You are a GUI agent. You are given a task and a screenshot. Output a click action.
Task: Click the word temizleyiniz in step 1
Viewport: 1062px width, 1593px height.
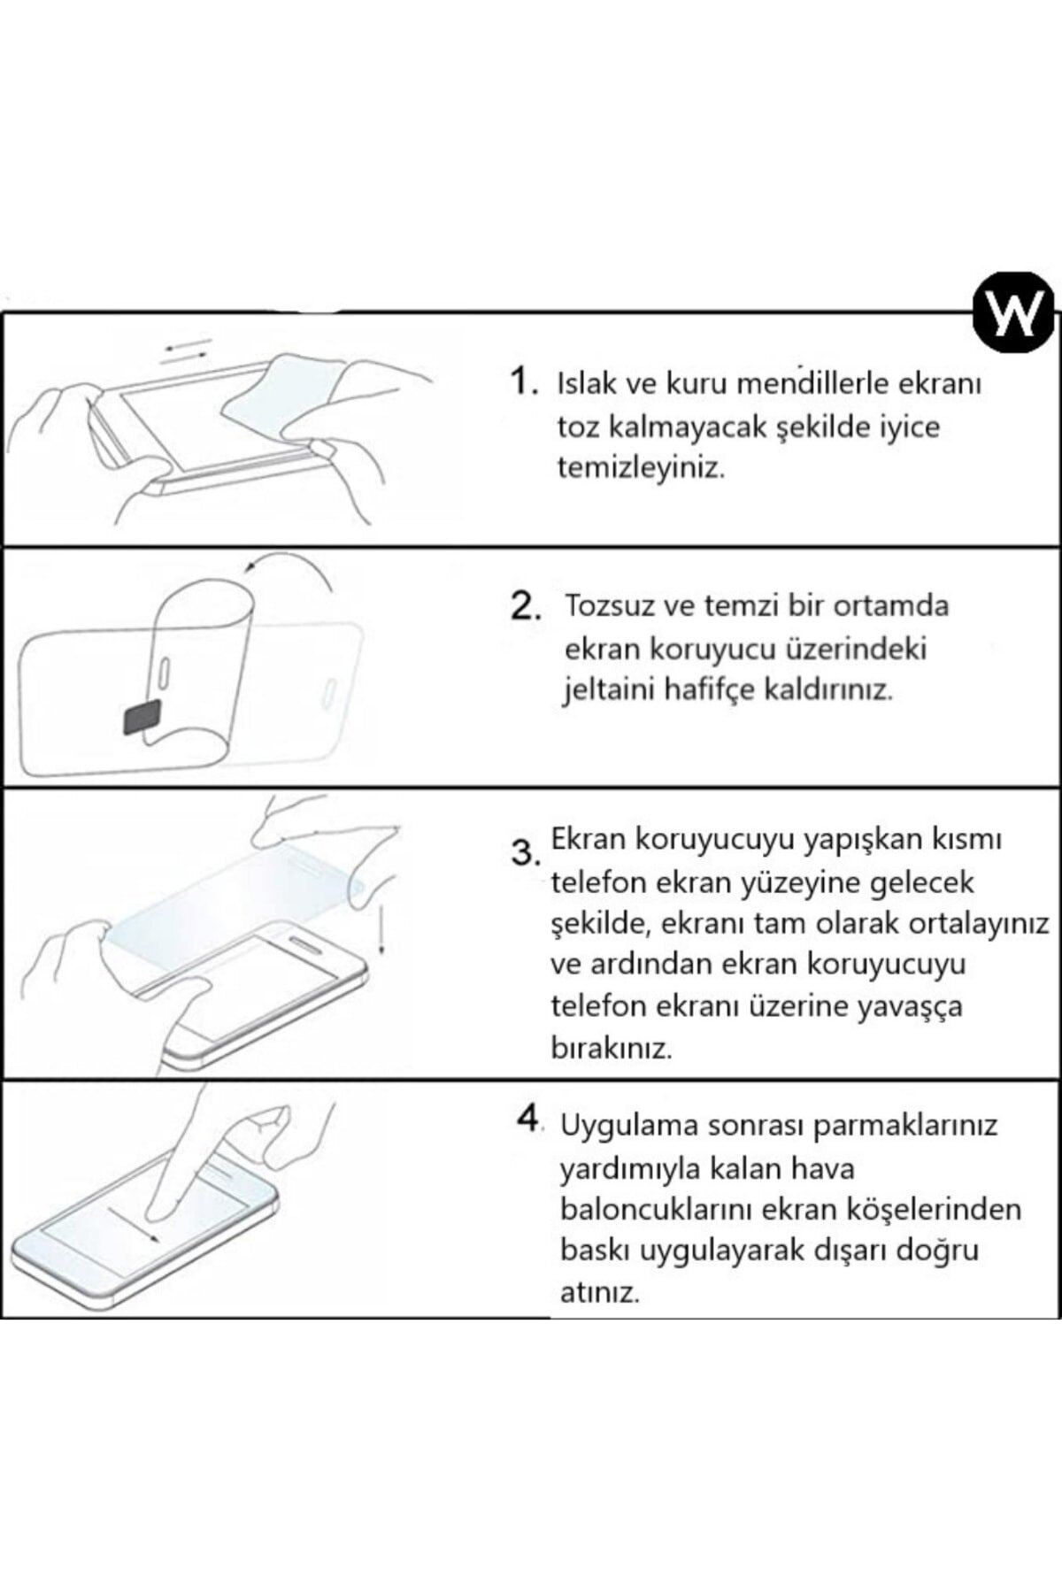click(641, 468)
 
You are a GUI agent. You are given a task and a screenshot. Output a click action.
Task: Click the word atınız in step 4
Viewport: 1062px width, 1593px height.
click(599, 1293)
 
